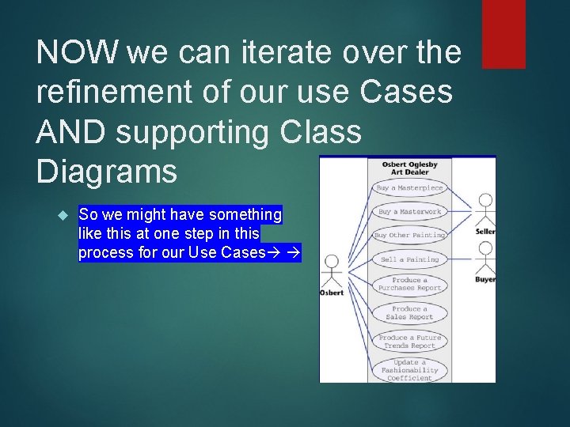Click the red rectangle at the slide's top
click(503, 33)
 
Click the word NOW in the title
click(75, 53)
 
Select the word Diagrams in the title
click(106, 172)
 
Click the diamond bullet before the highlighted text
click(64, 215)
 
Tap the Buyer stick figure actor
click(485, 258)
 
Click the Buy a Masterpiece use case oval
click(409, 188)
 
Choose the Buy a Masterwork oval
click(409, 212)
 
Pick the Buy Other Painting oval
click(409, 236)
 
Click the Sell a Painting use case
click(409, 259)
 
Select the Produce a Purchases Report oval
click(409, 284)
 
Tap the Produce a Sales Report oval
click(409, 312)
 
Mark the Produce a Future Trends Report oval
click(409, 342)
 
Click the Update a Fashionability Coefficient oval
click(409, 370)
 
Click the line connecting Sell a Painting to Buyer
click(461, 259)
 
